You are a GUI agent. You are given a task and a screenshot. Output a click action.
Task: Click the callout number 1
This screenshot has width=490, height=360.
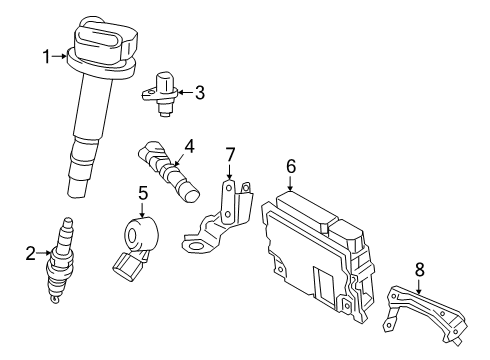[44, 57]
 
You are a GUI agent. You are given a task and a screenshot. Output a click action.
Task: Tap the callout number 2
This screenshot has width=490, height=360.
[31, 252]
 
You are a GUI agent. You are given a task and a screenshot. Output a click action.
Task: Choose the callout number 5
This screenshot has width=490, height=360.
[142, 193]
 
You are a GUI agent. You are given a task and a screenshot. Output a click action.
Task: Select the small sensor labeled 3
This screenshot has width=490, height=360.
[161, 90]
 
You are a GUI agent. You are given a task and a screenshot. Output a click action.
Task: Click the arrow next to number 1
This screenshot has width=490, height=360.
[58, 57]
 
